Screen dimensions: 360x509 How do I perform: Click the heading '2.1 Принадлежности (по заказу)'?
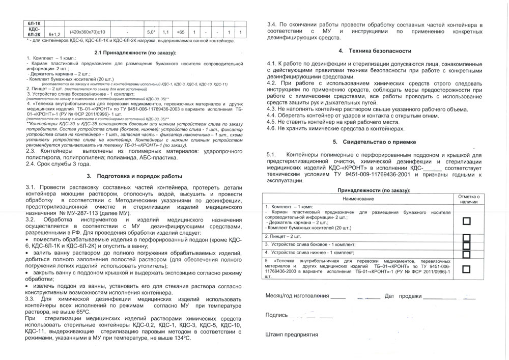pyautogui.click(x=135, y=52)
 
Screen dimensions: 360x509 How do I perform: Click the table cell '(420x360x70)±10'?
pyautogui.click(x=87, y=32)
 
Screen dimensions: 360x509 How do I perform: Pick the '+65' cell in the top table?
pyautogui.click(x=180, y=32)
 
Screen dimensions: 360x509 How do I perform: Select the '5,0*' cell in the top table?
pyautogui.click(x=151, y=32)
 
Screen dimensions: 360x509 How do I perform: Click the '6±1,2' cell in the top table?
pyautogui.click(x=54, y=35)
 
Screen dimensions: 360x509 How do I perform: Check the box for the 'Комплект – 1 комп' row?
pyautogui.click(x=466, y=220)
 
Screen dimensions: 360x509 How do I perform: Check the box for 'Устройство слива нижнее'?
pyautogui.click(x=466, y=253)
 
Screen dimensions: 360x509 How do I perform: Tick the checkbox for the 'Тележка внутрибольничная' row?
pyautogui.click(x=466, y=269)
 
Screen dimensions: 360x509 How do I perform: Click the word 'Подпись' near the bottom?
pyautogui.click(x=276, y=315)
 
